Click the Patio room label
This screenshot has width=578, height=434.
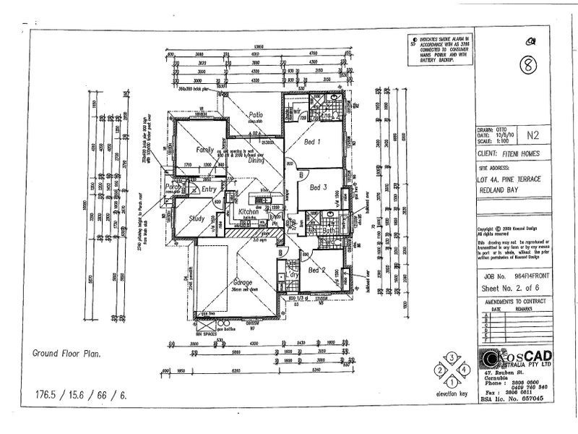tap(255, 115)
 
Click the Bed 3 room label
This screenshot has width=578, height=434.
tap(319, 187)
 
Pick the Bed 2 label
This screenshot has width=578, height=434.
tap(318, 270)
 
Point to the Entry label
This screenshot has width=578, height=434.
tap(210, 190)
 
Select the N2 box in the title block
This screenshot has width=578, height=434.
tap(533, 135)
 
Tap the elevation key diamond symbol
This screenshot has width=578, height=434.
tap(452, 368)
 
